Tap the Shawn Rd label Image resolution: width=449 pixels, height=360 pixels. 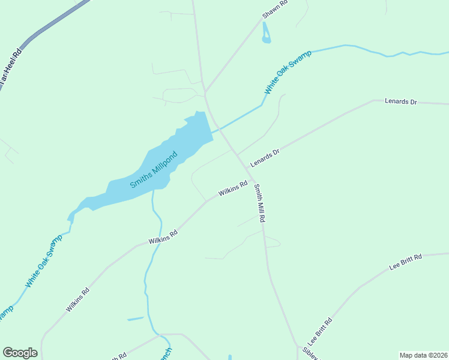[x=276, y=10]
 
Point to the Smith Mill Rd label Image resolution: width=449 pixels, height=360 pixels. [x=259, y=203]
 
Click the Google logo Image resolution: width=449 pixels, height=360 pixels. [x=20, y=353]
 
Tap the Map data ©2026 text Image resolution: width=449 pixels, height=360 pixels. [x=424, y=355]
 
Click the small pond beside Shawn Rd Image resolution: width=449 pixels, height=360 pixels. [x=266, y=35]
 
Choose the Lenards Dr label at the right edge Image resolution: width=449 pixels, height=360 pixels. [x=400, y=102]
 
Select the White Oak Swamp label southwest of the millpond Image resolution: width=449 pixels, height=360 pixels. [x=44, y=260]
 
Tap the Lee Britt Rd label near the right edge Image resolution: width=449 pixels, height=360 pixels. [x=406, y=262]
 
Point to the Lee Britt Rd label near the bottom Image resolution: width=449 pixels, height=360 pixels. [x=316, y=332]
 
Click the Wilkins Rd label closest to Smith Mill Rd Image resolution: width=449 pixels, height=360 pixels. [x=233, y=189]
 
